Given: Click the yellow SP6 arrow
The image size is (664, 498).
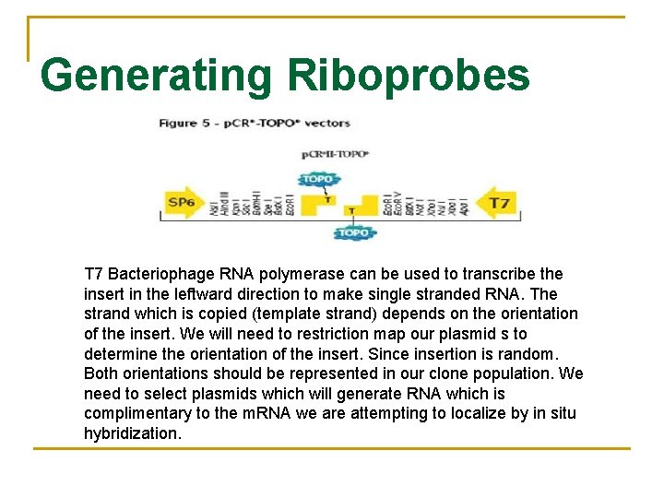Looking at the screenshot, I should coord(183,203).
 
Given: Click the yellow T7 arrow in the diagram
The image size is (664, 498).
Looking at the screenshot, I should coord(497,203).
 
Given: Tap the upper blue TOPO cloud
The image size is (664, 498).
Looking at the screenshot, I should coord(318,178).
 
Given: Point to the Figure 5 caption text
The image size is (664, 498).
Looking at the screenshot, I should coord(255,123).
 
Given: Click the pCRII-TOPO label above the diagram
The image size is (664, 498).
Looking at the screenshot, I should coord(335,154).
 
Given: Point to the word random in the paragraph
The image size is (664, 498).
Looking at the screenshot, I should coord(532,354).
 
